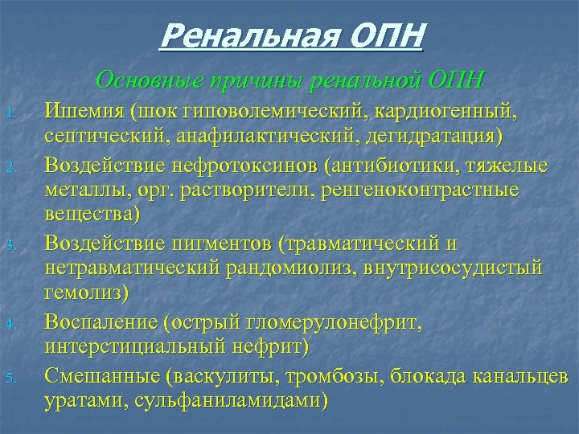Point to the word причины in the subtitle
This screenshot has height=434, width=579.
(246, 80)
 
